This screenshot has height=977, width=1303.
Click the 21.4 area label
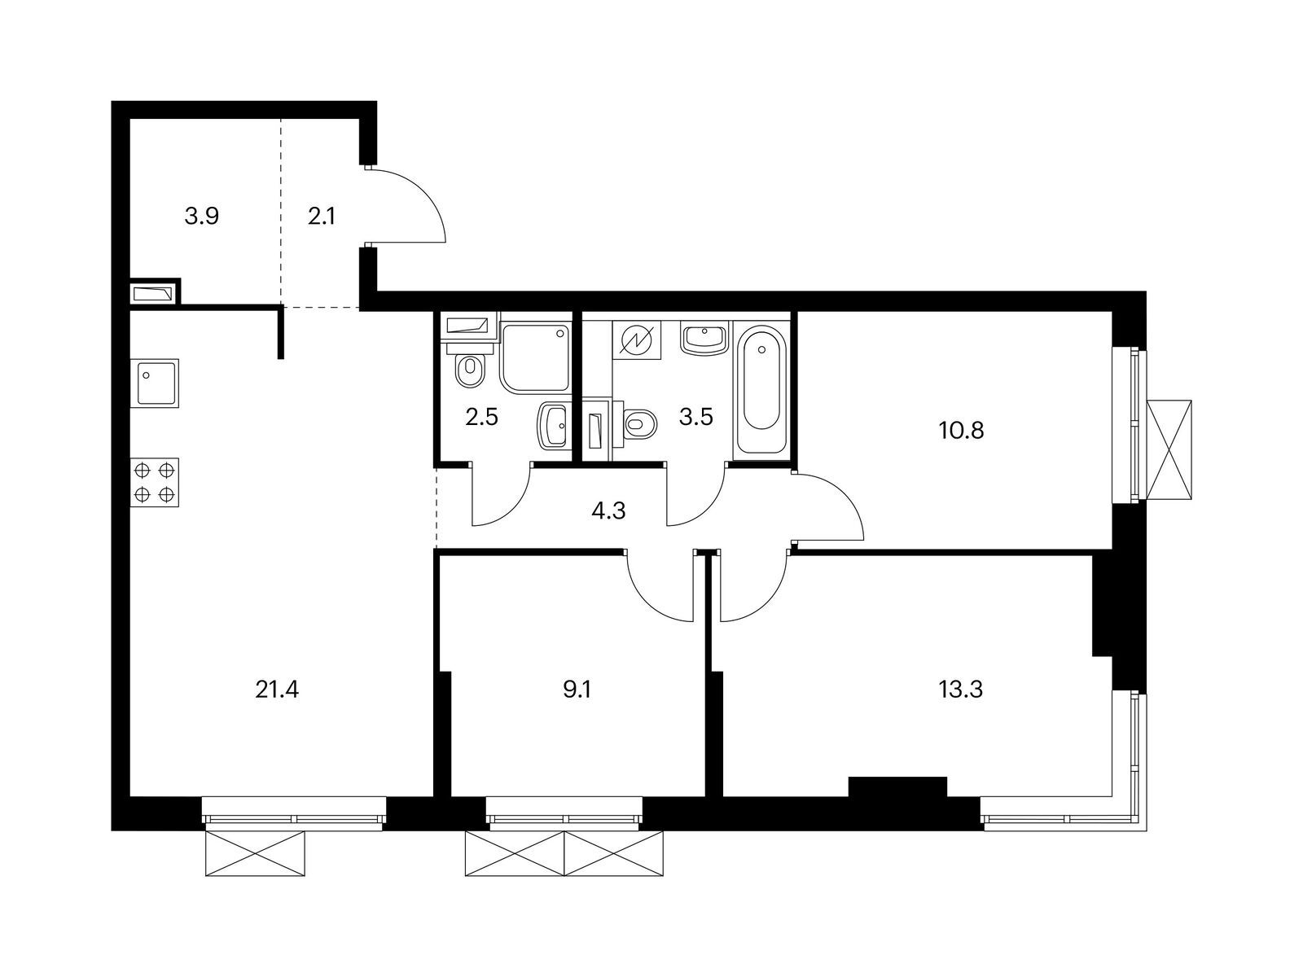coord(277,690)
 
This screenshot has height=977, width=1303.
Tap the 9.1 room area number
coord(577,690)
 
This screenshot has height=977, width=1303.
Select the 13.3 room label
coord(961,690)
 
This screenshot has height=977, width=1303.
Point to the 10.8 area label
coord(961,431)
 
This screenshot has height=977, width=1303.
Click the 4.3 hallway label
coord(608,510)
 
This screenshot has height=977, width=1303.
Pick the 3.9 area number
coord(201,217)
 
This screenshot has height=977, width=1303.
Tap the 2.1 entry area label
coord(322,217)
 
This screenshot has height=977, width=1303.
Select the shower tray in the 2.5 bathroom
coord(535,357)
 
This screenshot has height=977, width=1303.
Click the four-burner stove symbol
coord(155,482)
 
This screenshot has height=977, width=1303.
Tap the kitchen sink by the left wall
coord(155,383)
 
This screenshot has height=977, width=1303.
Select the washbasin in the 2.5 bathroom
coord(554,425)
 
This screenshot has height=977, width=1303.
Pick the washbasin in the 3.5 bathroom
coord(704,338)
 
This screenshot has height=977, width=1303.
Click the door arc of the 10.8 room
coord(843,497)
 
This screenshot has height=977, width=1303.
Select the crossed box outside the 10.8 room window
coord(1169,451)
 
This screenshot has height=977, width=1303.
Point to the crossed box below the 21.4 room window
coord(255,853)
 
